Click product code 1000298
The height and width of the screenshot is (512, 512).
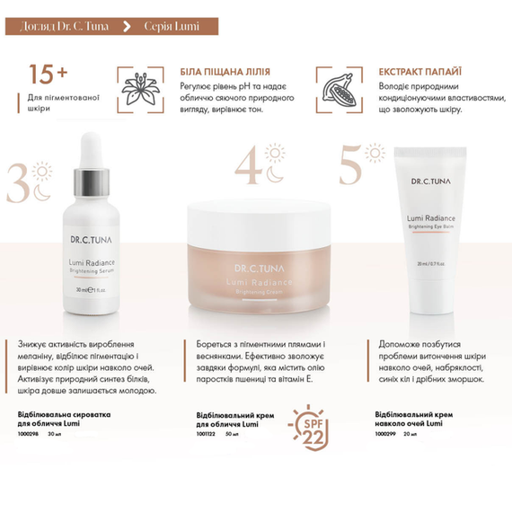[29, 434]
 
